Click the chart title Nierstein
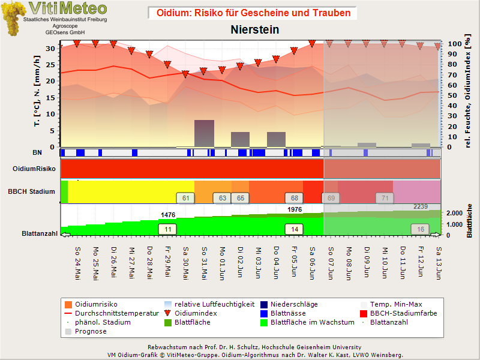click(254, 29)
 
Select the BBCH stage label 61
click(185, 198)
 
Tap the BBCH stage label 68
click(294, 198)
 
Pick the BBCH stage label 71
click(385, 198)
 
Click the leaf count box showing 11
click(167, 229)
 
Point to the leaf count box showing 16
click(421, 229)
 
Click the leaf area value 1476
click(168, 215)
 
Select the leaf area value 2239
click(421, 206)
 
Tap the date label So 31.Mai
click(204, 263)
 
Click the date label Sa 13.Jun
click(439, 263)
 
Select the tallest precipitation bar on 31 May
click(204, 133)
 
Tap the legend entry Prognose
click(86, 331)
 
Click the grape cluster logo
click(13, 19)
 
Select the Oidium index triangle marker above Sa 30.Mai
click(185, 74)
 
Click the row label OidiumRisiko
click(34, 169)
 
